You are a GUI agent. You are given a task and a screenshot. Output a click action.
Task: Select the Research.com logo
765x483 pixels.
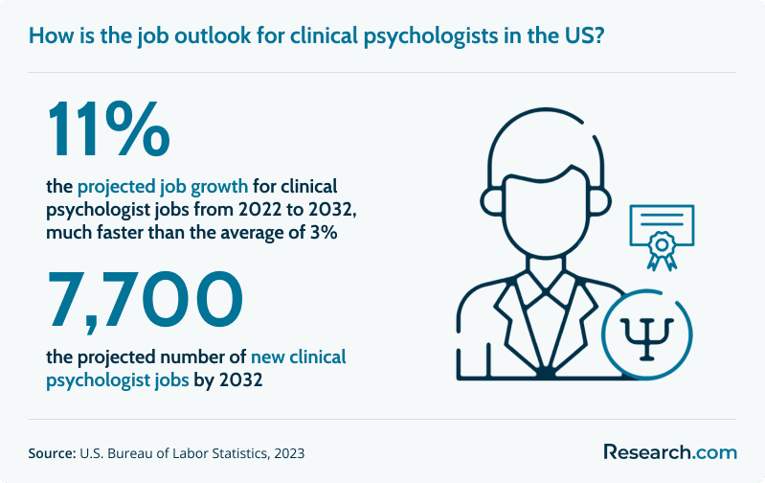click(669, 451)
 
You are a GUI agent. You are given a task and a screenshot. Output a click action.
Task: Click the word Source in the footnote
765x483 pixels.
click(52, 451)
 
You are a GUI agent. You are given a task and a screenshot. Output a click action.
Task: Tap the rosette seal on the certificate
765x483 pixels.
click(659, 247)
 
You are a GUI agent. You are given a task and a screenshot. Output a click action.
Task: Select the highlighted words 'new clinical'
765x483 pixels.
click(298, 357)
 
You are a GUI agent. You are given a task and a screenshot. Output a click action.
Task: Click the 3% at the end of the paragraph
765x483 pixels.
click(322, 232)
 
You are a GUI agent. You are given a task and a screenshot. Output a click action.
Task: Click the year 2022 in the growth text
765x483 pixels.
click(237, 209)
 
